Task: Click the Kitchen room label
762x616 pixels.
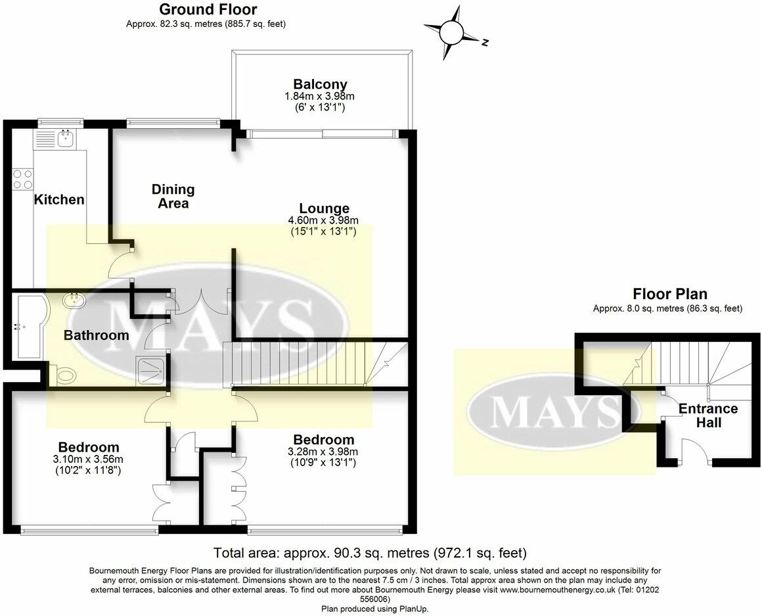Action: pos(59,200)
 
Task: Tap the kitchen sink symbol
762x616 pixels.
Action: pos(65,138)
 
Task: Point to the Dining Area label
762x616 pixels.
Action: pos(173,196)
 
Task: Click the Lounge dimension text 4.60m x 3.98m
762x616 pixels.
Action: pos(323,220)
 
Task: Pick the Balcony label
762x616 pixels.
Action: pos(320,84)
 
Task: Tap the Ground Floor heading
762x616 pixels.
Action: pos(208,9)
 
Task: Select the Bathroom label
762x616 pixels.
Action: pos(96,335)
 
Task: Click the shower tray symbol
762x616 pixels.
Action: pos(152,369)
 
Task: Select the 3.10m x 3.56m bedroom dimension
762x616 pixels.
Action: pos(88,459)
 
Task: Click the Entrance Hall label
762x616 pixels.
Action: pos(708,415)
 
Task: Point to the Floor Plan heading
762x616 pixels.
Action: pos(669,294)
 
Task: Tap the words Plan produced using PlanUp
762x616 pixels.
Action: pos(374,609)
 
